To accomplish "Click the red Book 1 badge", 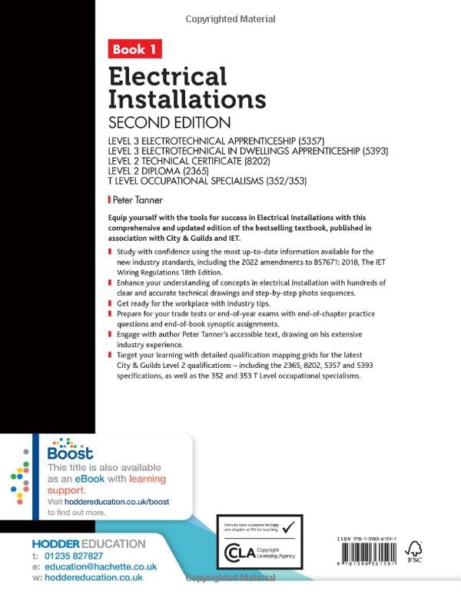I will (134, 50).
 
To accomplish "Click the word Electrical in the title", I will (167, 76).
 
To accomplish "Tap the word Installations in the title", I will (187, 99).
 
